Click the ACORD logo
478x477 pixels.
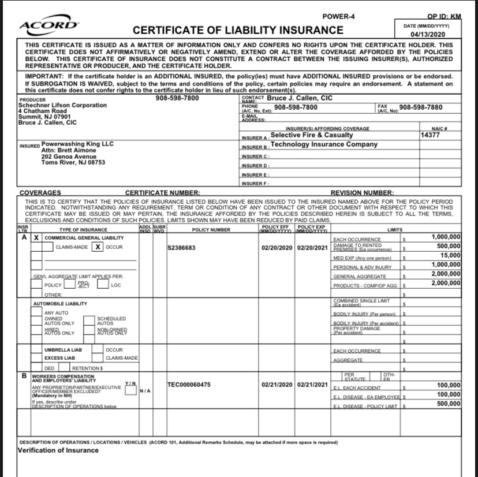[48, 24]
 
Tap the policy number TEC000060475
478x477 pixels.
[188, 385]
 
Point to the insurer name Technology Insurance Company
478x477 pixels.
[324, 144]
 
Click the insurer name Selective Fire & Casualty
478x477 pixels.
[311, 135]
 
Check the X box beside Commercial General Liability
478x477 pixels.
[36, 237]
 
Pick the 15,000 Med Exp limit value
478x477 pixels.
[450, 256]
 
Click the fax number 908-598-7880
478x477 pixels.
[421, 107]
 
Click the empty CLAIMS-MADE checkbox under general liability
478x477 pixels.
[48, 247]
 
